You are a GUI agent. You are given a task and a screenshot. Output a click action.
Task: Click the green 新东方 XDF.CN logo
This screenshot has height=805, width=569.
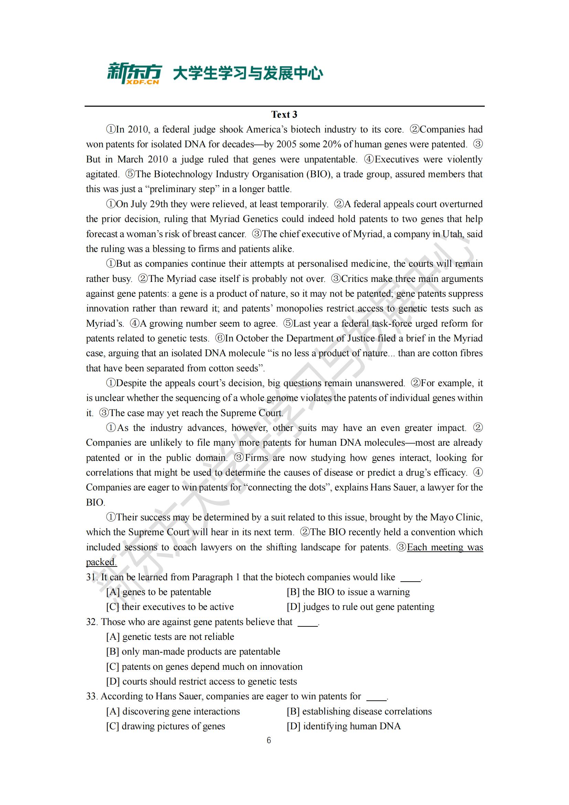(x=134, y=73)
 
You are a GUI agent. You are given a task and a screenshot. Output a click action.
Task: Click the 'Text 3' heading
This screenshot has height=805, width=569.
(x=284, y=115)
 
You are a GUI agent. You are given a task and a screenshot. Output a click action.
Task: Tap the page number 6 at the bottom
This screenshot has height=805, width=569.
(x=269, y=740)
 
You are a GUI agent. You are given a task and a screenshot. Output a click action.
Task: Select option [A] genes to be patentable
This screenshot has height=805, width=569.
(x=159, y=592)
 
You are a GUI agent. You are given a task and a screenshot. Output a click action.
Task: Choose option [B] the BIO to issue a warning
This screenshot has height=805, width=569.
(x=348, y=592)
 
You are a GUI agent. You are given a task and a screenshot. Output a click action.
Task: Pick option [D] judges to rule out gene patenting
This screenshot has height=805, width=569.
(x=360, y=607)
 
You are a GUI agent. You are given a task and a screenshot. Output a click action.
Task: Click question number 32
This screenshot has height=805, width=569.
(x=92, y=622)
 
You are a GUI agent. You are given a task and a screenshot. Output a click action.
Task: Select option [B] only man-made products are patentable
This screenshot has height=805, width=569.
(x=193, y=652)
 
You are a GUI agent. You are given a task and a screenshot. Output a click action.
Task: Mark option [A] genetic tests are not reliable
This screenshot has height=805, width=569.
(x=170, y=637)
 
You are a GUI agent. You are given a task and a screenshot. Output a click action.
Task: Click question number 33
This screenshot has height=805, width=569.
(x=92, y=696)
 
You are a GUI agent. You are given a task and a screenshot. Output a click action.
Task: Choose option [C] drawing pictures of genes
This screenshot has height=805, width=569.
(x=165, y=726)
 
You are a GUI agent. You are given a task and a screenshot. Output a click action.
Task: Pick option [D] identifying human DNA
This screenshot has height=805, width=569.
(x=343, y=726)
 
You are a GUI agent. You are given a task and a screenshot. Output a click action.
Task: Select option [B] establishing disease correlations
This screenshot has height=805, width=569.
(x=359, y=711)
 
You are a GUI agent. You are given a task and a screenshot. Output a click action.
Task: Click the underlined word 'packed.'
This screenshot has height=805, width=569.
(x=101, y=562)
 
